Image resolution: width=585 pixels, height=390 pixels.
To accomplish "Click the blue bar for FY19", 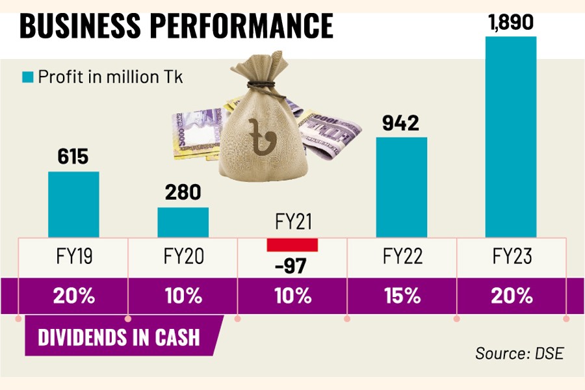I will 73,204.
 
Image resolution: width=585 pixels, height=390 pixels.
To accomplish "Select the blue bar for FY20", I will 183,222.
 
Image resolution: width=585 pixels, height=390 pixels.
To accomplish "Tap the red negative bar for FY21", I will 292,244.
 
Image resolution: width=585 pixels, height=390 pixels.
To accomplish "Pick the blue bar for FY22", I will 402,187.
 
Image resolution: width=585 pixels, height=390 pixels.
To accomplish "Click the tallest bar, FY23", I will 510,136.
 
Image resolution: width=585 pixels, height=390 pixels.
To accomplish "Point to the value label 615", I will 73,157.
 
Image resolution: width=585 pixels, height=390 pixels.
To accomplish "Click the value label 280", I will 183,193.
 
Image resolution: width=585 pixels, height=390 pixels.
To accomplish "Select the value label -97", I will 292,265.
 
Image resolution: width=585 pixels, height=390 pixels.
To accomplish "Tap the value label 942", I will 402,123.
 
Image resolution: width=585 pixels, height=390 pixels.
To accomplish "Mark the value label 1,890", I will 510,23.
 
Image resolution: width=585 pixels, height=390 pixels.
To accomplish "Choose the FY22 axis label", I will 402,256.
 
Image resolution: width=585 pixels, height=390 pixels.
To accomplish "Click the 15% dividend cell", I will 402,296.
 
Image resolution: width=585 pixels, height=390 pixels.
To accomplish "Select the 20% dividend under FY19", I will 73,296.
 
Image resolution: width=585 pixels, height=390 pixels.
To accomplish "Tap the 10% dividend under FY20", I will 183,296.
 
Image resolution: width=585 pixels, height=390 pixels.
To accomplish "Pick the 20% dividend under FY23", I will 510,296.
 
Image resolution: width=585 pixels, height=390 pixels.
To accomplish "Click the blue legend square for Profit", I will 28,77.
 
